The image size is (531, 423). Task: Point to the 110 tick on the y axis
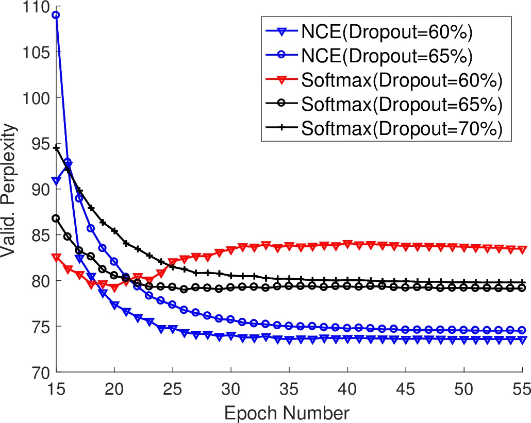34,7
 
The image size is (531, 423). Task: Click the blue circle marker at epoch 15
56,15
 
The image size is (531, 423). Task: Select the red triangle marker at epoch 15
56,257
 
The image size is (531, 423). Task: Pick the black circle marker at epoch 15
56,218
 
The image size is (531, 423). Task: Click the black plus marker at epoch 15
56,148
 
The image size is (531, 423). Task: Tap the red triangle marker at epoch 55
523,249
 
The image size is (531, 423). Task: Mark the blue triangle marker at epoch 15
56,181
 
